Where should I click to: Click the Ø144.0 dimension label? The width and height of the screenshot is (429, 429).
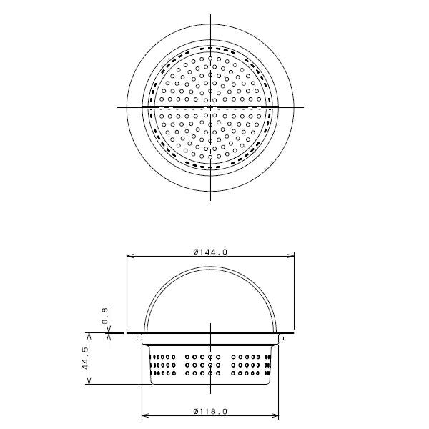point(210,252)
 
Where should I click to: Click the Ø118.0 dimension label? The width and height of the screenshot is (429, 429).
point(210,411)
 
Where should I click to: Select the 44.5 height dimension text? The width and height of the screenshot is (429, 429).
point(85,358)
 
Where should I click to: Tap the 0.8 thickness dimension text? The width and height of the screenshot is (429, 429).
point(105,316)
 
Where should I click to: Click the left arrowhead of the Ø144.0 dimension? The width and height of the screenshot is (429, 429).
point(130,256)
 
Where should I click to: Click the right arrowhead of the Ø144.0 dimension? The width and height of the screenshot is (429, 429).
point(290,256)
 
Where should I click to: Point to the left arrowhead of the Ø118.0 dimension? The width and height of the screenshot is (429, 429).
point(145,416)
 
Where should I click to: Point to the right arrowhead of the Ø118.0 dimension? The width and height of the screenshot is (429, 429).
point(275,416)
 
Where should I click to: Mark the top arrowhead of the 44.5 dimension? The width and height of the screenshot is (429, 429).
point(89,337)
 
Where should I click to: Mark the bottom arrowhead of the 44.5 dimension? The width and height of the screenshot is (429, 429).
point(89,380)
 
